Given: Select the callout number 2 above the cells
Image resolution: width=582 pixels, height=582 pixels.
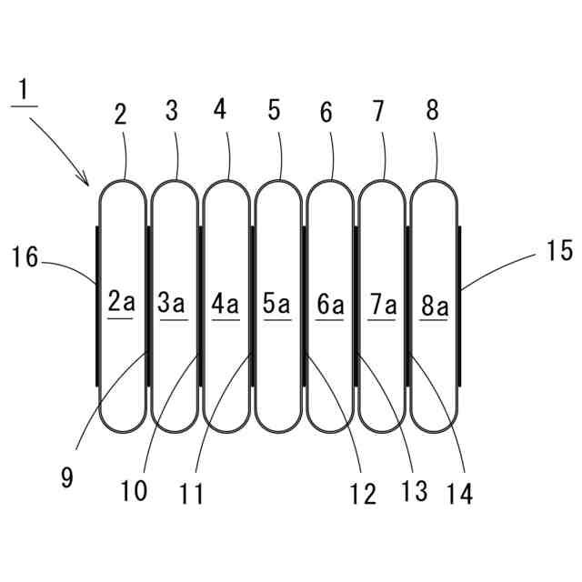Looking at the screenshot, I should [122, 114].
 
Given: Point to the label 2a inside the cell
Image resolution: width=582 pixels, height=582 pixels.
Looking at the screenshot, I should [121, 302].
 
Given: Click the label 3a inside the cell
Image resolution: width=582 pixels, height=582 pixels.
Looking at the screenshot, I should [173, 302].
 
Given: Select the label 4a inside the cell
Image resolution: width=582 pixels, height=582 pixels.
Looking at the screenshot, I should [226, 302].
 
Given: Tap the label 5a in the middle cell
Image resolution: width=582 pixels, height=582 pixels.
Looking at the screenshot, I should [277, 302].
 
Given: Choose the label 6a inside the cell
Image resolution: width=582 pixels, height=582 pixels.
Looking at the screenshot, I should [330, 302].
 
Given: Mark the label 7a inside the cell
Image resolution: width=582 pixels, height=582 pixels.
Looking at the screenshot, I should [383, 302].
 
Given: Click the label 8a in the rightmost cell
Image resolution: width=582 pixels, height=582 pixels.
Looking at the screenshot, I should [435, 302].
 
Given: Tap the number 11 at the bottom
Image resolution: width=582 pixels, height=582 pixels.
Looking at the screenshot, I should [191, 494].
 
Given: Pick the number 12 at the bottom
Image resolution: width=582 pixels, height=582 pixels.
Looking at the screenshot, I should [362, 494].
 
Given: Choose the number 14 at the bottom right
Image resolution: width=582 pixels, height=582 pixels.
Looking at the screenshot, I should [459, 494].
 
